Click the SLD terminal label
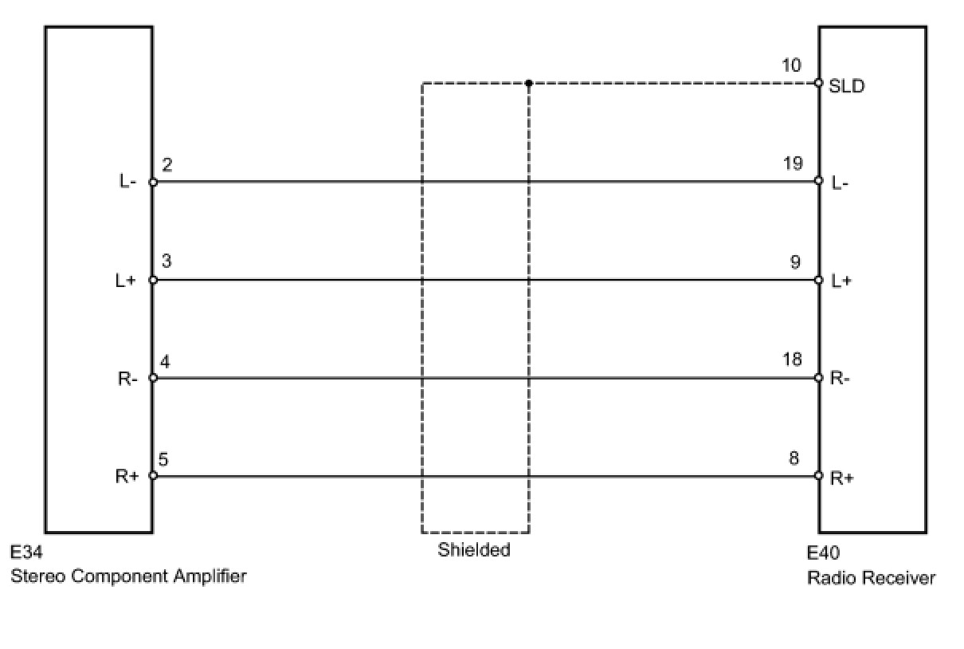(x=846, y=86)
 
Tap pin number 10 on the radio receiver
(x=791, y=65)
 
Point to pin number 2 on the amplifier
(x=167, y=165)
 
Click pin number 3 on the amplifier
(x=167, y=262)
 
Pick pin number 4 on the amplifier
(x=167, y=362)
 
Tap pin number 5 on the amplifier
(x=163, y=459)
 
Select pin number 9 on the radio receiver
(x=795, y=262)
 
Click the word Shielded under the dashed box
(x=473, y=549)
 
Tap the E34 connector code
(x=27, y=553)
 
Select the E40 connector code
(x=823, y=553)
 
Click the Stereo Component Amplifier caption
(x=128, y=576)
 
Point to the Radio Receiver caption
(x=871, y=577)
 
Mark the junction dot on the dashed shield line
(x=528, y=83)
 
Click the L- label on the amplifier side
(x=128, y=182)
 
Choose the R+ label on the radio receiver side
(x=841, y=478)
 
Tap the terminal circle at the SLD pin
(x=818, y=83)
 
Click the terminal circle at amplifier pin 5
(x=153, y=476)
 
